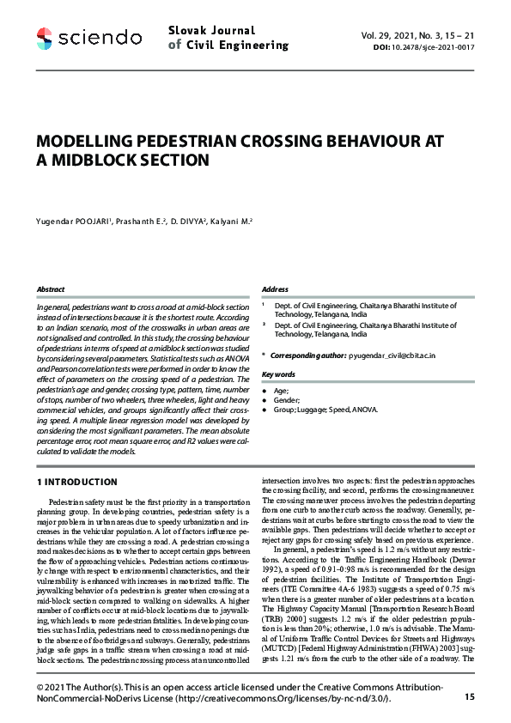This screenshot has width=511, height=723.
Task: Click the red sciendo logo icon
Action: (x=46, y=38)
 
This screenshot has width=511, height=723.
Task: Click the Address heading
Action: (x=274, y=289)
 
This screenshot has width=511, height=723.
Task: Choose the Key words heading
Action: (x=278, y=374)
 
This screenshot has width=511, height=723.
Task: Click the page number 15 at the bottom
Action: (x=468, y=696)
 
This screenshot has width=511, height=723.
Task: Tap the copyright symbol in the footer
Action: (x=40, y=689)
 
